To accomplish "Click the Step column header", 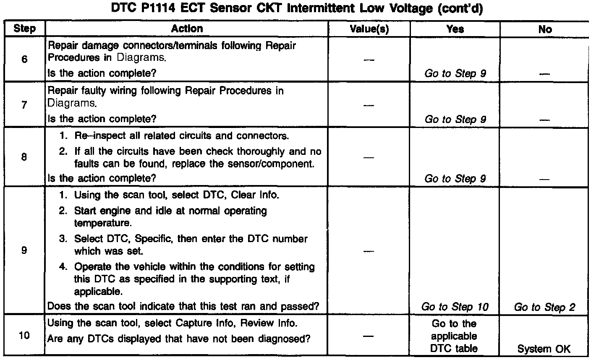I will (24, 29).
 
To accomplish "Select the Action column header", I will (187, 29).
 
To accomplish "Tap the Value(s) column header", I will (369, 29).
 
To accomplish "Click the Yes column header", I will (455, 29).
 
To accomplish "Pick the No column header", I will (545, 29).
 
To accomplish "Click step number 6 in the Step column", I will (24, 59).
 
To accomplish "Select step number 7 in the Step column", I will (24, 105).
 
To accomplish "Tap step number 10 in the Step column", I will (24, 337).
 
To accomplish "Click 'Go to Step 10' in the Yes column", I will (455, 307).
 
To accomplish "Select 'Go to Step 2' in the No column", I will (544, 307).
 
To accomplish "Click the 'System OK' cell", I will (544, 349).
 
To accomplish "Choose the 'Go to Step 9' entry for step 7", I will (455, 119).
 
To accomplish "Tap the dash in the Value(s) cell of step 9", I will (369, 251).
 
